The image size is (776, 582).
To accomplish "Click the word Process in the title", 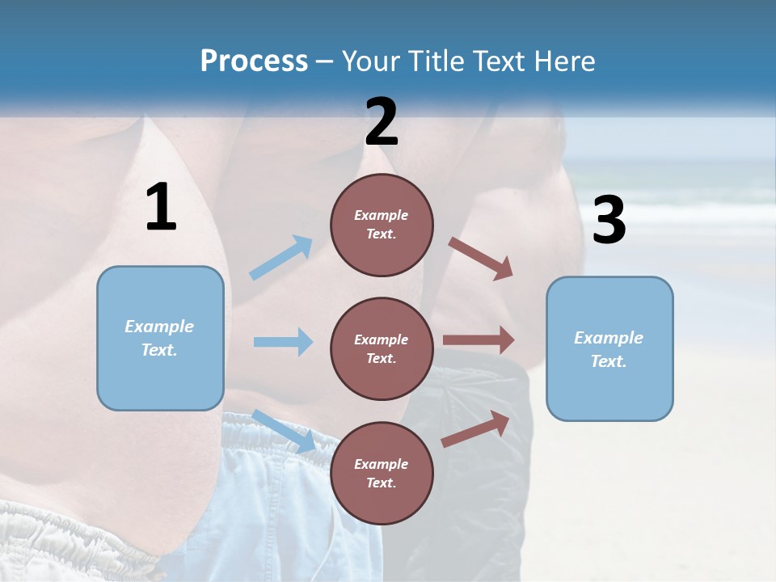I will click(x=254, y=61).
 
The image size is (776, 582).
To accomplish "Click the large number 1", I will click(x=161, y=207).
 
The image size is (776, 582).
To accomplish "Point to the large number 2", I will click(x=382, y=122).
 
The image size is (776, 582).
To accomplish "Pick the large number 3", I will click(x=609, y=221).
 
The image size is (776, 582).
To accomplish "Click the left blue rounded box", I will click(x=160, y=338).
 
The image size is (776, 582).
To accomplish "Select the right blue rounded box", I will click(x=609, y=349).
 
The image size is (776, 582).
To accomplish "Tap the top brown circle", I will click(x=382, y=225).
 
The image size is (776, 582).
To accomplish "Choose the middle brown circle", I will click(x=382, y=348).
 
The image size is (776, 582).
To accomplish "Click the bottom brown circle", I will click(x=382, y=473).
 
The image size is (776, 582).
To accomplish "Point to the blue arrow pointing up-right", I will click(x=281, y=258).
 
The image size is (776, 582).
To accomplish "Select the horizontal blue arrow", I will click(x=283, y=342).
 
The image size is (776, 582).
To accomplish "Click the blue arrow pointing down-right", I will click(x=284, y=431).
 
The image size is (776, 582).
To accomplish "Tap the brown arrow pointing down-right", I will click(x=481, y=258).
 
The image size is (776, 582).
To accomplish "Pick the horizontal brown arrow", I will click(x=479, y=340).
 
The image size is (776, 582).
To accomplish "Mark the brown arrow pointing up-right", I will click(x=475, y=429).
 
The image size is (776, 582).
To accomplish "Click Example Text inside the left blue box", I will click(x=159, y=338).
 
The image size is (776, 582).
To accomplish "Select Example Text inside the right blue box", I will click(x=609, y=349).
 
